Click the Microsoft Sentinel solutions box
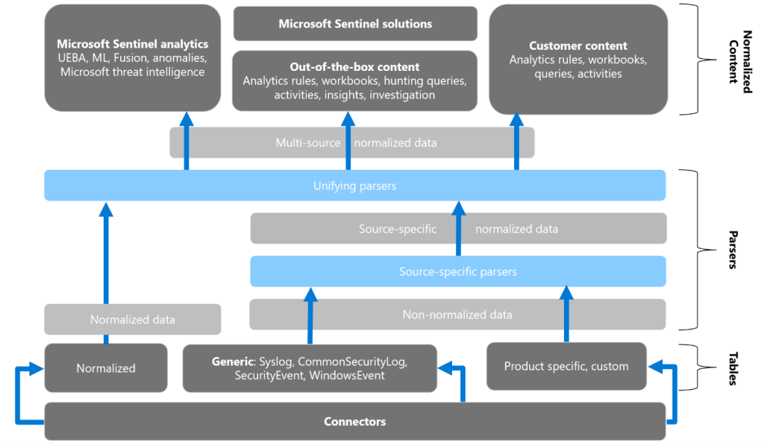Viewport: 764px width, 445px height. tap(355, 24)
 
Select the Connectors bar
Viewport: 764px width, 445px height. tap(355, 422)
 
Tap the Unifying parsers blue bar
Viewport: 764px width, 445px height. tap(355, 186)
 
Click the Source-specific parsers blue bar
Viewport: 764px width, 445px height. tap(457, 272)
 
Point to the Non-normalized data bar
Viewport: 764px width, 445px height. tap(457, 315)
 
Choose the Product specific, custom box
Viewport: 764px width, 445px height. tap(566, 366)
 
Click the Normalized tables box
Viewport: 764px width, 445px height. tap(106, 367)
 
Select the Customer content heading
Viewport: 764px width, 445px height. tap(578, 46)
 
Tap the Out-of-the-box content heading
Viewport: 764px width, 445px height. tap(355, 67)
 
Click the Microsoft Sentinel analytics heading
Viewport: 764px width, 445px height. tap(133, 44)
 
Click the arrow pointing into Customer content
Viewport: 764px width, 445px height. tap(516, 142)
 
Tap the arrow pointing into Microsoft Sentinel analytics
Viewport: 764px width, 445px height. tap(186, 142)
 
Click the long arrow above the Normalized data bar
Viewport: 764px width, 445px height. tap(106, 253)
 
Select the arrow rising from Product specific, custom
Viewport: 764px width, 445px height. tap(566, 313)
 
